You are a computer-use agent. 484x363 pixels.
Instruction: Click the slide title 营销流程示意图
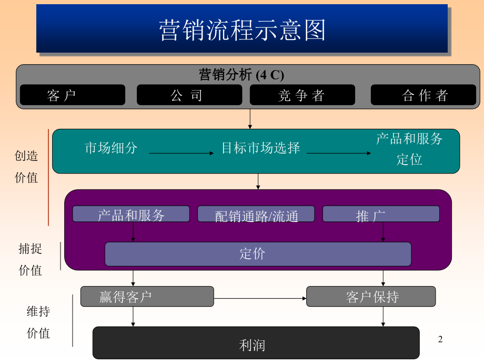point(242,29)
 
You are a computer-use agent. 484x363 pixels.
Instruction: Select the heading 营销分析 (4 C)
point(241,75)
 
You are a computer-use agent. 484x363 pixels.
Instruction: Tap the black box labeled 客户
point(73,95)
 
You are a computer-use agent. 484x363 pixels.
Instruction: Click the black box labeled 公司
point(189,95)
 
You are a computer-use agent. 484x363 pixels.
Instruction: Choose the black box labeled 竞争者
point(302,95)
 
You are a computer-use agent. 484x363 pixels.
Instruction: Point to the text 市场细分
point(111,148)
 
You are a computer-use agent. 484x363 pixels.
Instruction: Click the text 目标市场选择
point(260,148)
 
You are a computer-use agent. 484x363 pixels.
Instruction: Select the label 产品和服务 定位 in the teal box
point(409,149)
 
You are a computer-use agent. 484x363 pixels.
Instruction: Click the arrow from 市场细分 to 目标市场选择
point(182,153)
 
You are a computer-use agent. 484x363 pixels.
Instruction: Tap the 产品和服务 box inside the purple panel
point(131,214)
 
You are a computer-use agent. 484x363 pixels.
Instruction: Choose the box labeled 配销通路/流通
point(256,215)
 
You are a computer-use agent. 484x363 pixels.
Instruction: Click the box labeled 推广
point(381,214)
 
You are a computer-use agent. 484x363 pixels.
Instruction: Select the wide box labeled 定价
point(258,254)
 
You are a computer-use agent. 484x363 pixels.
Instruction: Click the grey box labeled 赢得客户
point(147,297)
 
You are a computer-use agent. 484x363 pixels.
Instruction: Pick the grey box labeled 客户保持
point(371,297)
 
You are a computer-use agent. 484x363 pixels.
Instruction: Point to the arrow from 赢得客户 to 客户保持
point(260,299)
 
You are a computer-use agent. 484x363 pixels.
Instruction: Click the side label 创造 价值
point(26,167)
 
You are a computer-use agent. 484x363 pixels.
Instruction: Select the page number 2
point(441,340)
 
